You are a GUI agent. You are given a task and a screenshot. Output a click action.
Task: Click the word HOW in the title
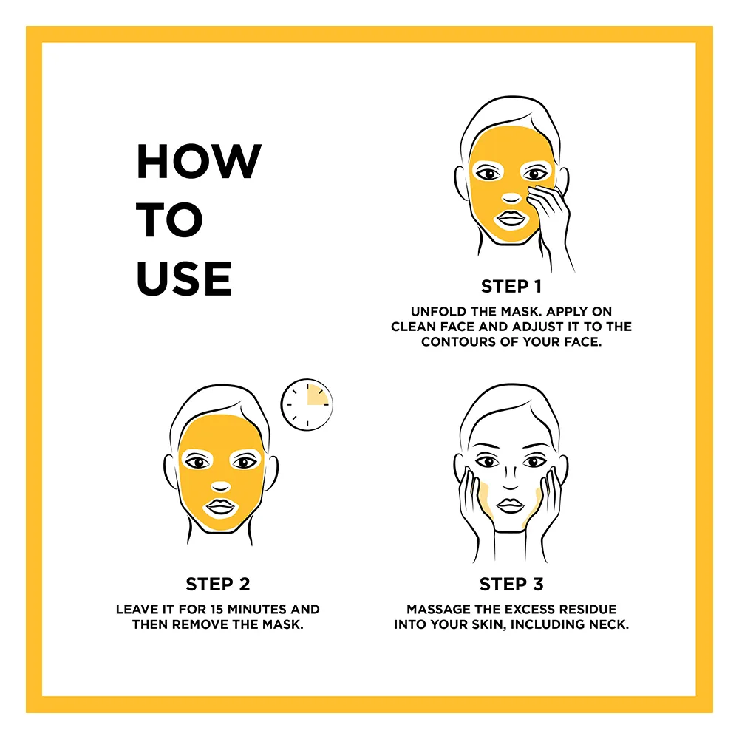coord(199,161)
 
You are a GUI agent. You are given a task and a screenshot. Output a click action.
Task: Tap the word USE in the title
coord(184,278)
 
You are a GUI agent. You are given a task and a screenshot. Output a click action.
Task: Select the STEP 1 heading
coord(511,286)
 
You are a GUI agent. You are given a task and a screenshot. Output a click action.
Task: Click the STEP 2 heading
coord(218,584)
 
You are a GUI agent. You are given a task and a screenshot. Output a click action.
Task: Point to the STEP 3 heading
coord(511,584)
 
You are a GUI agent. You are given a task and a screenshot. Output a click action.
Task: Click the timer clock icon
coord(307,404)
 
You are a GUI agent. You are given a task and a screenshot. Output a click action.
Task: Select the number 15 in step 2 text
coord(217,610)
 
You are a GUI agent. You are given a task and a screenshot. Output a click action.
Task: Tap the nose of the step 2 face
coord(220,487)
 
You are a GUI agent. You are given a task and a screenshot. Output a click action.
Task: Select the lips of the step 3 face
coord(511,505)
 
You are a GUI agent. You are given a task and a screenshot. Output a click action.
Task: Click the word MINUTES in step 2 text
coord(257,610)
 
